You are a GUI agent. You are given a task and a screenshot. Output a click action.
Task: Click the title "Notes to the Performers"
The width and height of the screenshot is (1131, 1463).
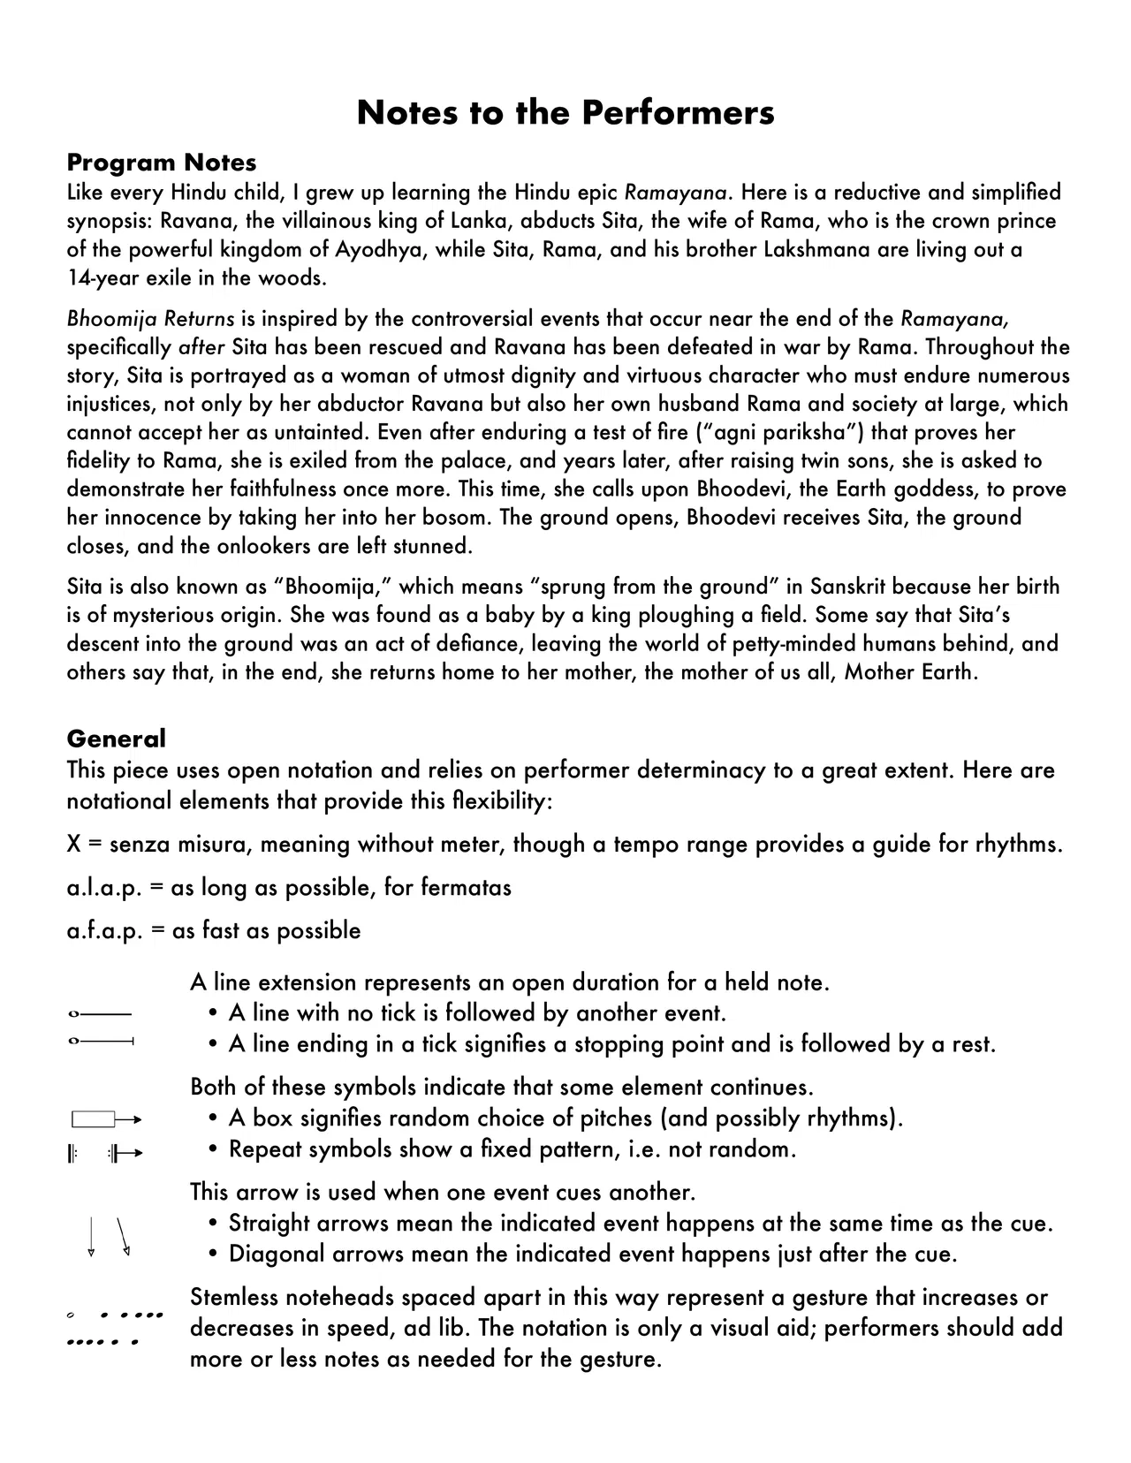click(565, 113)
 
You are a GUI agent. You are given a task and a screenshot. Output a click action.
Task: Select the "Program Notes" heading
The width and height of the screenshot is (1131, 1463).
click(162, 163)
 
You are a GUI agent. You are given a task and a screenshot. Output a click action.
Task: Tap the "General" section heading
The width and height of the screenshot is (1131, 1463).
click(116, 739)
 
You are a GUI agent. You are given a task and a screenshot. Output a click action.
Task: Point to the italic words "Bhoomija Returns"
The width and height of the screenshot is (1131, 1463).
click(150, 319)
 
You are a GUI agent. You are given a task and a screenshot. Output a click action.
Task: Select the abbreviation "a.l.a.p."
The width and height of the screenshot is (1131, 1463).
click(104, 888)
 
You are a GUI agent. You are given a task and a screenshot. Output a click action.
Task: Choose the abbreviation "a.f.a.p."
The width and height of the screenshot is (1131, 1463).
click(104, 931)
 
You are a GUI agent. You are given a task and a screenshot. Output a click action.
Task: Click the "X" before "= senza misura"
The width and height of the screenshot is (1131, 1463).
click(74, 845)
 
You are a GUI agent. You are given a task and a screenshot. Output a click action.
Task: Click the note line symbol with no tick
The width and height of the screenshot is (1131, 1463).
click(99, 1012)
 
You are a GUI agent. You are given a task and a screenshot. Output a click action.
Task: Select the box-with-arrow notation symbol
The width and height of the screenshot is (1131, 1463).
click(105, 1120)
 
